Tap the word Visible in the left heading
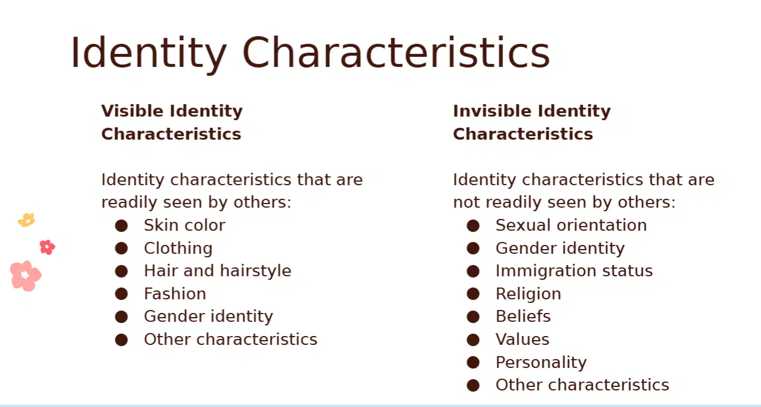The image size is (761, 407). point(133,111)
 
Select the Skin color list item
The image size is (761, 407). point(184,225)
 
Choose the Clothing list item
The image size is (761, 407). point(178,248)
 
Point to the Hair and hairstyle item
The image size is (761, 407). point(218,271)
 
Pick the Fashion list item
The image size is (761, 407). point(175,293)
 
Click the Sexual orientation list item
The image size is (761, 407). point(571,225)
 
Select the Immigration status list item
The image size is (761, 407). point(574,271)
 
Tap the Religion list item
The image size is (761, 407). point(528,294)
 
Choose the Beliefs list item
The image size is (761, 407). point(523,316)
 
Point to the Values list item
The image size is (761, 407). point(522,339)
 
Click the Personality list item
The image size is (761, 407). point(541,363)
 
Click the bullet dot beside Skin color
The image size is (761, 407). point(121,226)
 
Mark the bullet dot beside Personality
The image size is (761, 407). point(473,363)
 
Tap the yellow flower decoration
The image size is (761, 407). point(27,220)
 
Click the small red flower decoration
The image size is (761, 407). point(47,247)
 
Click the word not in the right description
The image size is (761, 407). point(467,203)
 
